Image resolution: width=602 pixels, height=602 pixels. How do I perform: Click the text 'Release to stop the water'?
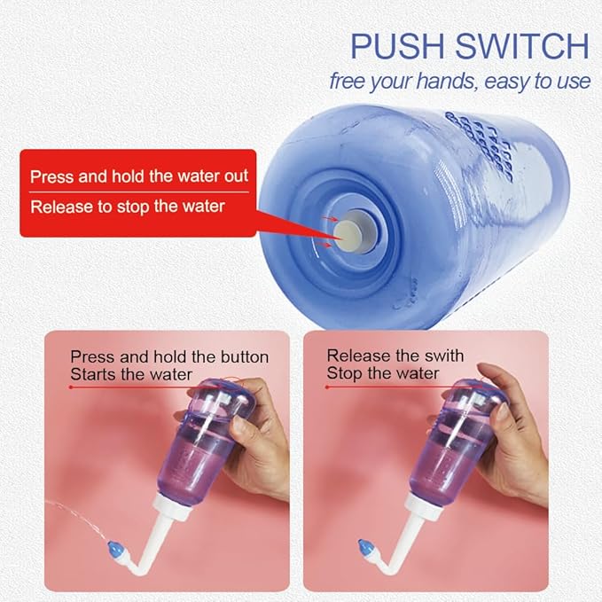(x=128, y=207)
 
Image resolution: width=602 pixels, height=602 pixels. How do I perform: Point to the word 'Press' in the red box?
(x=51, y=176)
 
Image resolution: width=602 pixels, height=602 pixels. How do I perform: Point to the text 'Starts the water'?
(x=130, y=374)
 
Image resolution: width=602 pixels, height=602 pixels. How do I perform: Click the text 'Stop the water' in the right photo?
(x=382, y=373)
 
